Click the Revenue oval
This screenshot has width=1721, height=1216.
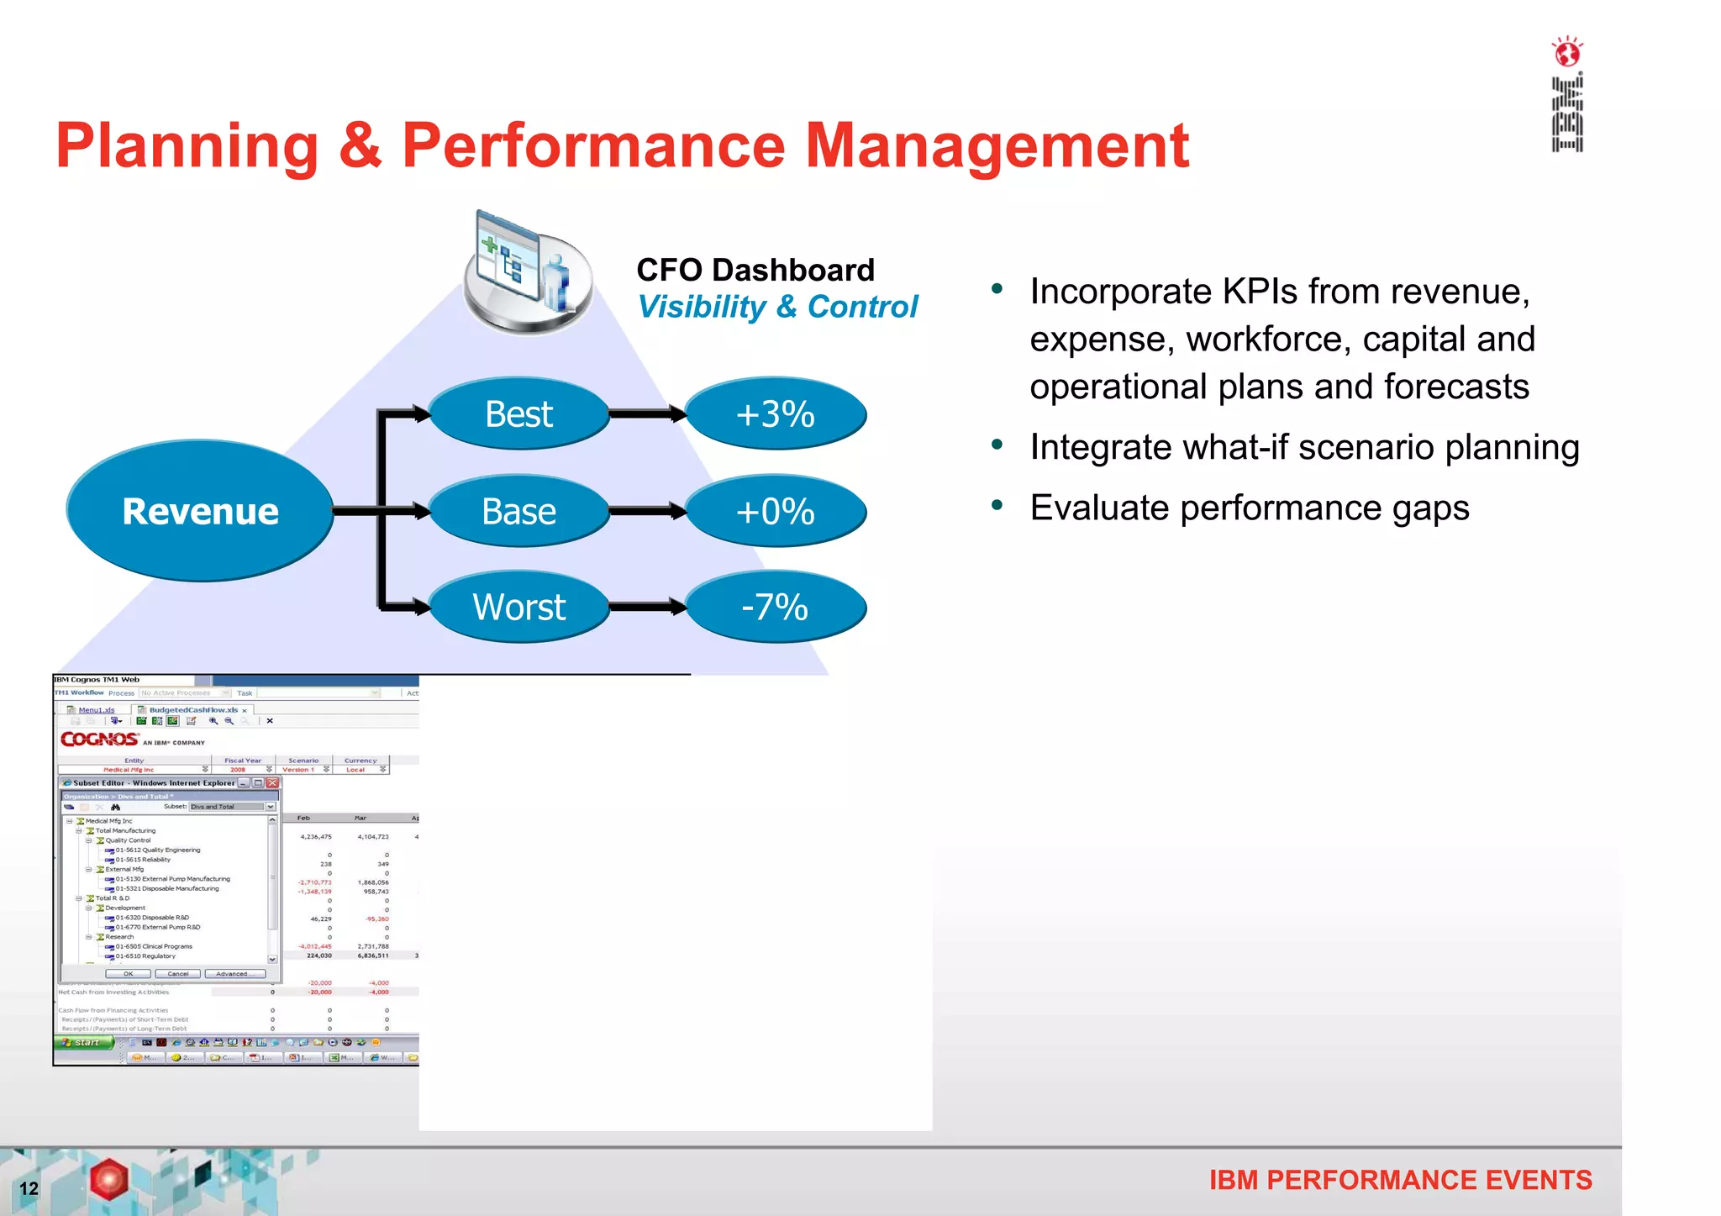(200, 511)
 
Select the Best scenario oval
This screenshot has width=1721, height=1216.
(518, 413)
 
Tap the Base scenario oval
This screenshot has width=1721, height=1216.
(518, 511)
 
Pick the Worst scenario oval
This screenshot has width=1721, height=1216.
(518, 607)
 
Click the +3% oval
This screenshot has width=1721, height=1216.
(775, 413)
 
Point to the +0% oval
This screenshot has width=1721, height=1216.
(775, 511)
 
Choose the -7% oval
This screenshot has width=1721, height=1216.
(775, 607)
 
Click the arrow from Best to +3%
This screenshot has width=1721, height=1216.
(646, 413)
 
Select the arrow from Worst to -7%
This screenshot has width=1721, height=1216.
(646, 607)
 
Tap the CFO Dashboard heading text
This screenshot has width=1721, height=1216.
(755, 270)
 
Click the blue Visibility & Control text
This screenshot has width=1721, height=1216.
(777, 307)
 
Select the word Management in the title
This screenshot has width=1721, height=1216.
(997, 145)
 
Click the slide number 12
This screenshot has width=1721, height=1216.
(29, 1188)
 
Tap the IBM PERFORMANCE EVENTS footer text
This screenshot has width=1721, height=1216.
(1400, 1180)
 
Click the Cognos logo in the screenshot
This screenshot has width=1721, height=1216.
(99, 740)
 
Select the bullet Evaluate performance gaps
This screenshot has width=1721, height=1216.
(1249, 508)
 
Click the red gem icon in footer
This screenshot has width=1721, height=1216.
(109, 1178)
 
